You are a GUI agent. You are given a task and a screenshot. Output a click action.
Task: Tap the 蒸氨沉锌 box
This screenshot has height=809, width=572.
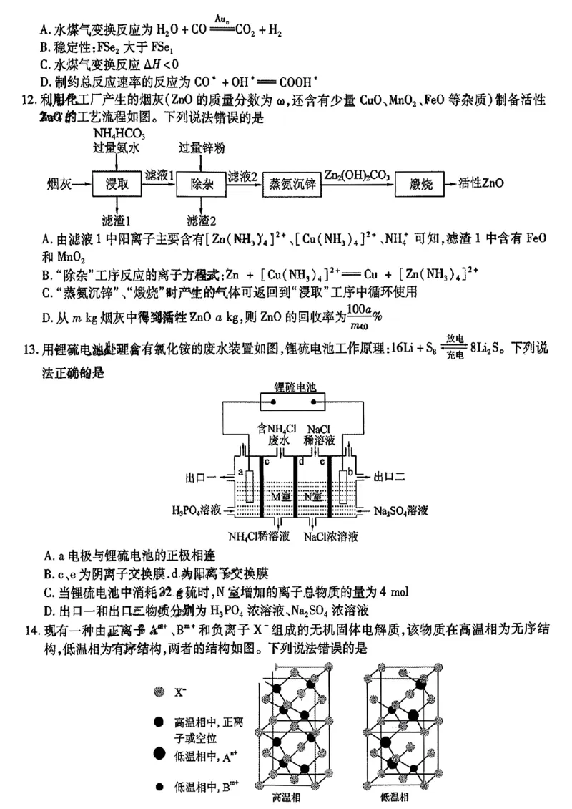(292, 184)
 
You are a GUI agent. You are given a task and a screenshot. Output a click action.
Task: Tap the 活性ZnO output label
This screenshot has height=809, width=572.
(480, 183)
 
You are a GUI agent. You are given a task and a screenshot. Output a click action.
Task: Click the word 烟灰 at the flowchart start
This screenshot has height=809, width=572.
(58, 184)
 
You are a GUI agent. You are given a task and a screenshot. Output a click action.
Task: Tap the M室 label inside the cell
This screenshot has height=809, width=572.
(280, 496)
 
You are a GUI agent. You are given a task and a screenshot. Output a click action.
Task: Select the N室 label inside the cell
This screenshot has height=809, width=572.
(312, 496)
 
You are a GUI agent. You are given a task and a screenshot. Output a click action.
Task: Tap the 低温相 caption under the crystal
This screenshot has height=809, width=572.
(395, 797)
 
